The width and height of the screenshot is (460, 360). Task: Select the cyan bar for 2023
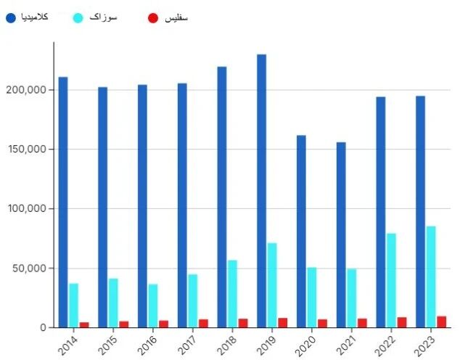point(431,277)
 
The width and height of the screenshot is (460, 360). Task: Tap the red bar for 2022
point(401,322)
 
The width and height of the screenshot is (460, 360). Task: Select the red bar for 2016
point(163,324)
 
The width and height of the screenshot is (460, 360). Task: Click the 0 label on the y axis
point(43,328)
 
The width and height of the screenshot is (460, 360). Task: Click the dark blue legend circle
point(10,17)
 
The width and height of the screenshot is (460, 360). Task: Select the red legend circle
point(152,17)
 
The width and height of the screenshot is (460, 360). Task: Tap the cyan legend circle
point(80,17)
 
